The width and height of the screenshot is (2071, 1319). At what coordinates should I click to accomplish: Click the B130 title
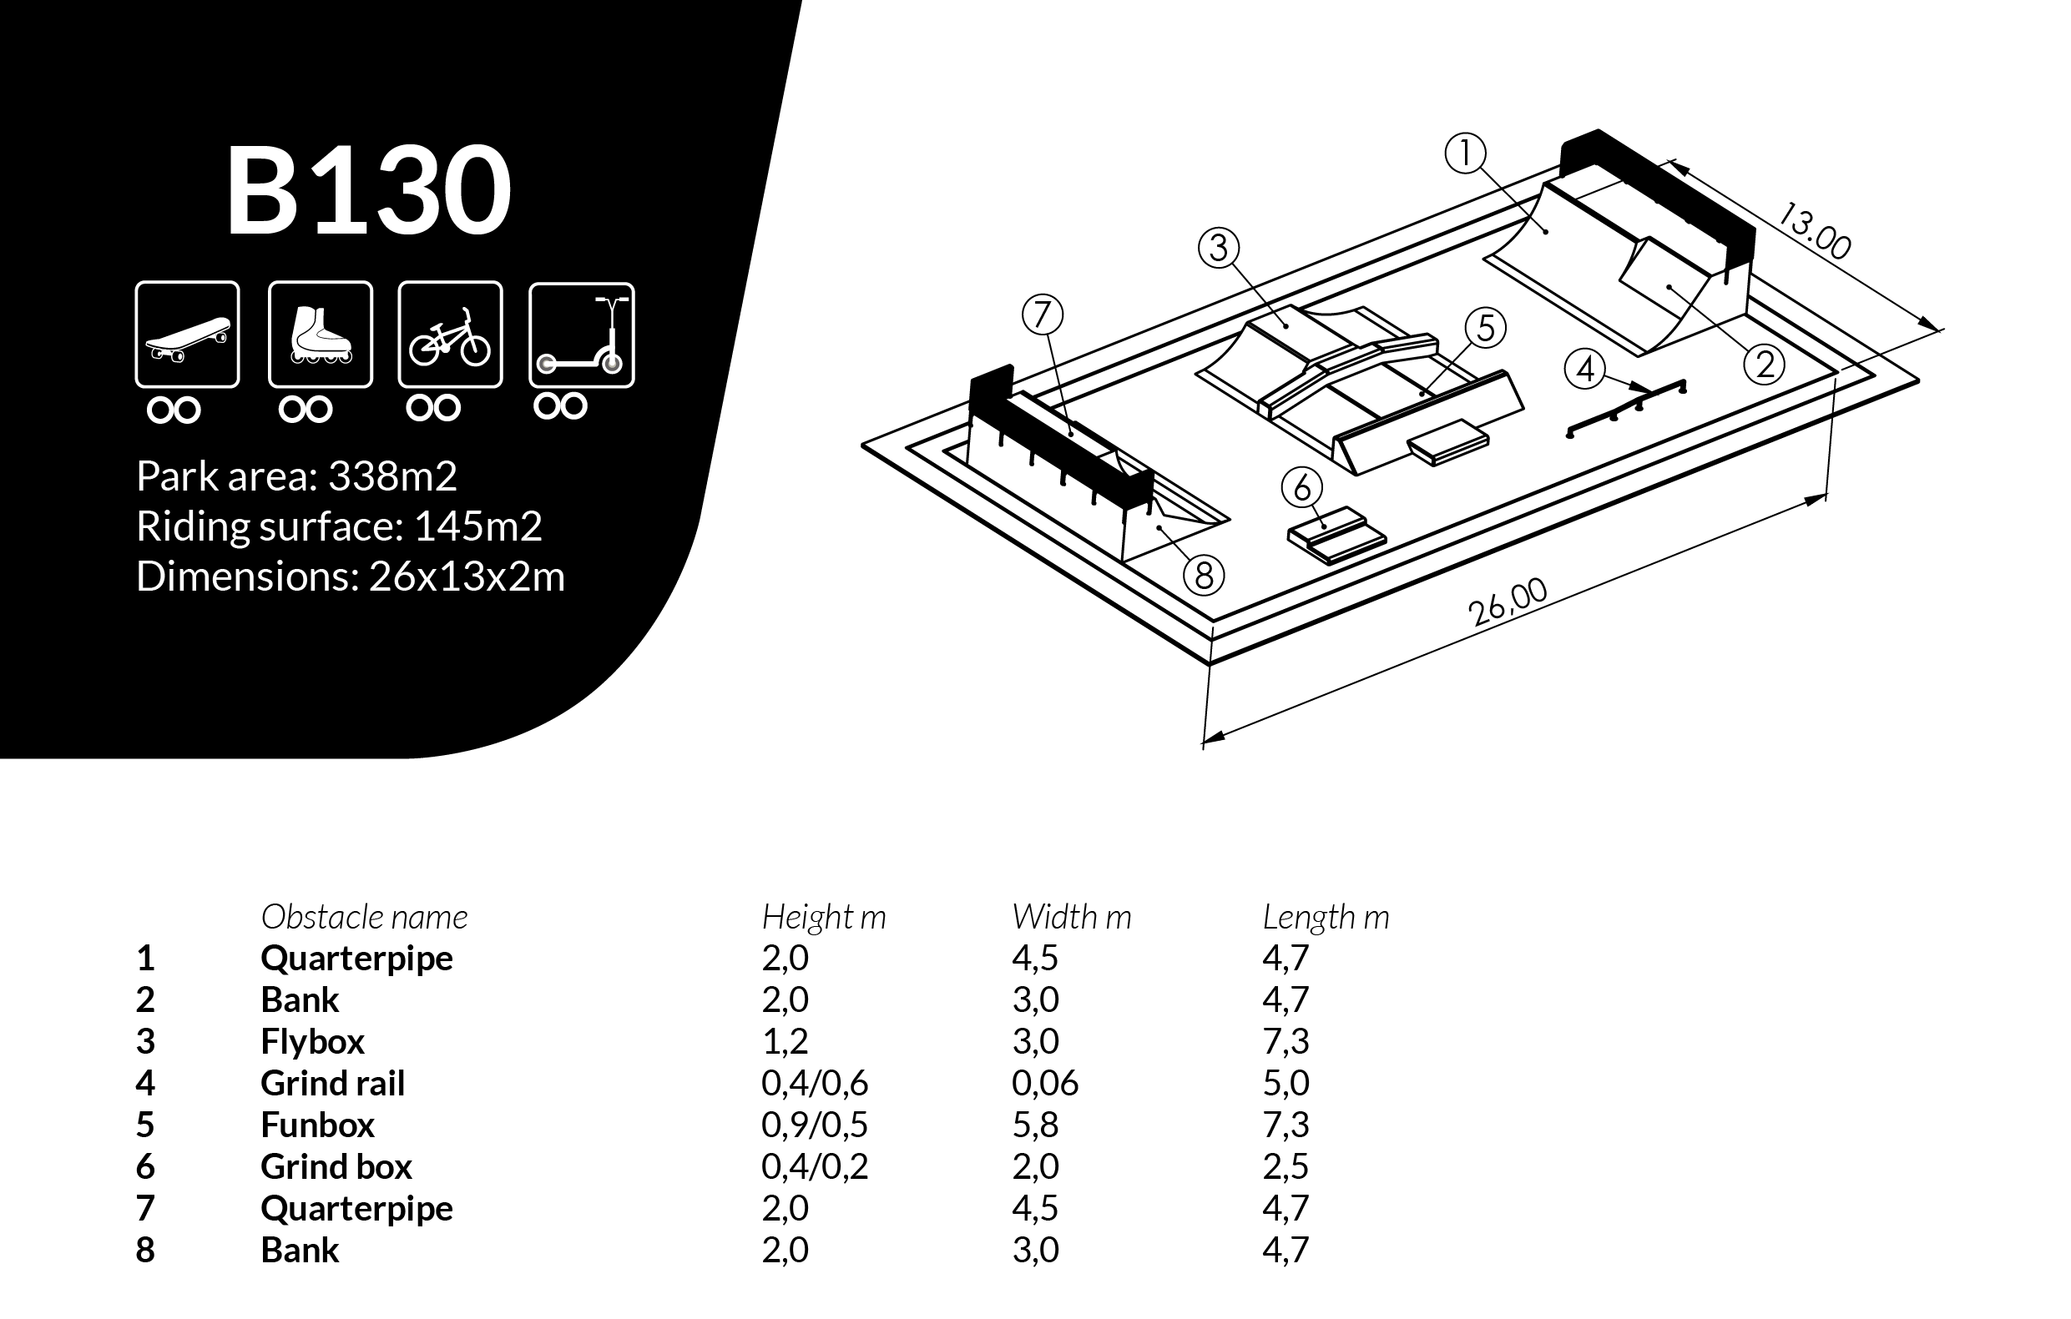pos(368,190)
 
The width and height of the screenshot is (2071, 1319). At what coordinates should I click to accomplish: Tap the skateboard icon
pos(188,335)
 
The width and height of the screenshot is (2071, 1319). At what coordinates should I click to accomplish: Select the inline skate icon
pos(320,335)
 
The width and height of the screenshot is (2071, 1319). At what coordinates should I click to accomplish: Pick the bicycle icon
pos(450,335)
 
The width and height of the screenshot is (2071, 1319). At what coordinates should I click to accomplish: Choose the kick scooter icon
pos(581,335)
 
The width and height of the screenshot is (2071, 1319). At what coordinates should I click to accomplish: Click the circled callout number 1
pos(1466,154)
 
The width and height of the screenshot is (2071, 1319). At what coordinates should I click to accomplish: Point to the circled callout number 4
pos(1585,369)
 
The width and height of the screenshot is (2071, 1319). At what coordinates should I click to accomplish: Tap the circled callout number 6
pos(1302,488)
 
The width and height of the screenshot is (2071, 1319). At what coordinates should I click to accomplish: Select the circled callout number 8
pos(1204,575)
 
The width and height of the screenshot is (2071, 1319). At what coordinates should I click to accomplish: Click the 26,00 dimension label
pos(1507,602)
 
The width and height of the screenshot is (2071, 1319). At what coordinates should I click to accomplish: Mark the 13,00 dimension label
pos(1815,230)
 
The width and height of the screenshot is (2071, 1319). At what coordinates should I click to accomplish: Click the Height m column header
pos(823,918)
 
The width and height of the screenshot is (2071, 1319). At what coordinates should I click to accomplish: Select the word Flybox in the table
pos(312,1041)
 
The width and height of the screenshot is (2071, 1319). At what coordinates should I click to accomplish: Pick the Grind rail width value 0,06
pos(1044,1084)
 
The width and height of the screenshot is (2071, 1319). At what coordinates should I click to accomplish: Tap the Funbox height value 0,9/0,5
pos(814,1125)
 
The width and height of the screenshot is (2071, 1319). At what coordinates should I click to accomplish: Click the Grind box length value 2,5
pos(1285,1167)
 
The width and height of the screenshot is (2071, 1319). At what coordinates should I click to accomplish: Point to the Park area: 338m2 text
pos(295,476)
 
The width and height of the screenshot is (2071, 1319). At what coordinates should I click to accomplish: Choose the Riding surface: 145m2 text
pos(339,526)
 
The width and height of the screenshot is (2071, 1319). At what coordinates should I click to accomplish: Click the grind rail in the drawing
pos(1625,408)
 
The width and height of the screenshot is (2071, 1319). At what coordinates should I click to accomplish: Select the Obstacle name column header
pos(364,918)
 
